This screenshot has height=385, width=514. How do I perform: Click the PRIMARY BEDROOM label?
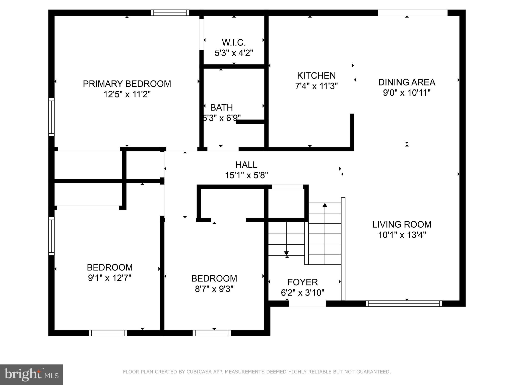click(x=127, y=84)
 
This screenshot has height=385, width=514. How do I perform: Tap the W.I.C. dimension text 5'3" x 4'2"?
click(x=234, y=53)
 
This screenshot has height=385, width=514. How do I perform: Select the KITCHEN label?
click(x=316, y=75)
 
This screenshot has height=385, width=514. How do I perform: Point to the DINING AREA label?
click(x=407, y=82)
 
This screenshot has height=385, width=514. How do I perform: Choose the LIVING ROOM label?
click(x=402, y=224)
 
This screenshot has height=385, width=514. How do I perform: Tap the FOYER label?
click(x=302, y=282)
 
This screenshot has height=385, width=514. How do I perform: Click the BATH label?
click(x=221, y=108)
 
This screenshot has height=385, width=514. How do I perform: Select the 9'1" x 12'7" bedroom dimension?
click(x=110, y=278)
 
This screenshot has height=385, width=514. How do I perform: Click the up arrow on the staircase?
click(x=325, y=205)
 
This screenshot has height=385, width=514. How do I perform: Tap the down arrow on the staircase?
click(x=286, y=253)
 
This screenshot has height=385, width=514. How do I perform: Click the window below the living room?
click(x=404, y=304)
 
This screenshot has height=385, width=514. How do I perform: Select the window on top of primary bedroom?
click(x=170, y=13)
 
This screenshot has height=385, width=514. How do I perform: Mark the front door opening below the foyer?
click(x=307, y=304)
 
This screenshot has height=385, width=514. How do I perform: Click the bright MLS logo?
click(x=31, y=375)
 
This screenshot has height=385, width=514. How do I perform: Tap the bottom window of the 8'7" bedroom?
click(x=212, y=333)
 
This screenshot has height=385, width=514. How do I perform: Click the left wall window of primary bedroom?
click(x=51, y=117)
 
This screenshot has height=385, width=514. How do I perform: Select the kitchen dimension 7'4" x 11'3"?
click(x=316, y=86)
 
